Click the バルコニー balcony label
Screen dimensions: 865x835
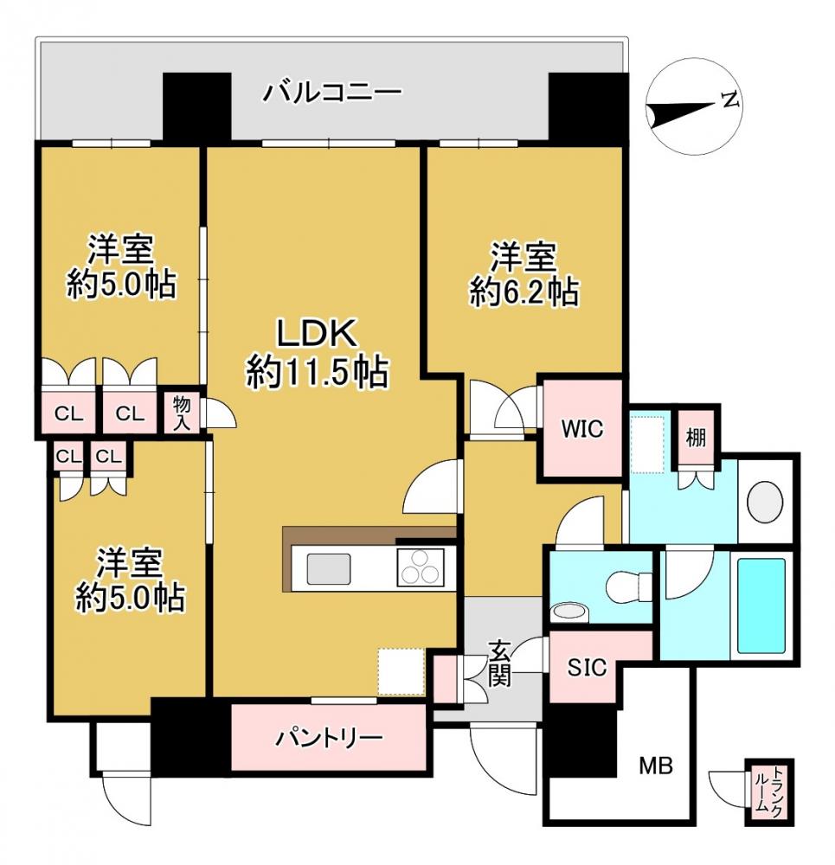point(333,90)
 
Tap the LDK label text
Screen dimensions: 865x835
point(317,333)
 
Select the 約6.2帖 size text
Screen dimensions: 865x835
point(524,293)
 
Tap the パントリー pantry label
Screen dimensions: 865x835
point(329,738)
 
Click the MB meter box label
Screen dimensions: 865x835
point(656,766)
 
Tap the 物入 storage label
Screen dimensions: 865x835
point(182,412)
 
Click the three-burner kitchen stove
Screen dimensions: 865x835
point(421,569)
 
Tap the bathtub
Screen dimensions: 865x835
point(762,603)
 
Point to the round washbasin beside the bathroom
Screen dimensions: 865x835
point(765,501)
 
